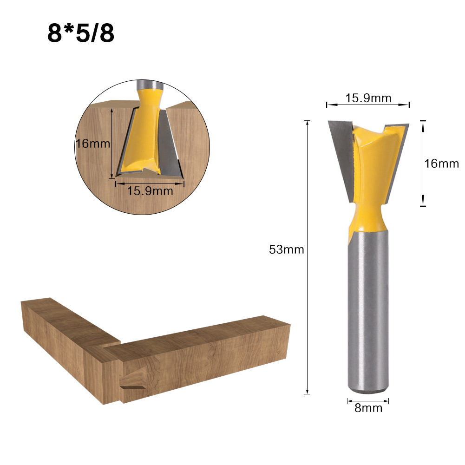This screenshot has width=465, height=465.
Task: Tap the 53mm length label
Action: (x=287, y=249)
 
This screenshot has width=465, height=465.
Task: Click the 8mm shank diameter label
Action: (x=368, y=408)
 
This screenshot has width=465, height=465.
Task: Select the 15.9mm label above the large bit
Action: (x=368, y=98)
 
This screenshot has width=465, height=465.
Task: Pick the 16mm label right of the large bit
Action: (x=442, y=164)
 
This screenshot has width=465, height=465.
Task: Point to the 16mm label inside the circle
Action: (x=92, y=143)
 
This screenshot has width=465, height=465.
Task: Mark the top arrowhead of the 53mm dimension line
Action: (x=307, y=122)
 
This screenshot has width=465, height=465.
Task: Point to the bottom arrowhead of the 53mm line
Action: (x=307, y=392)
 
